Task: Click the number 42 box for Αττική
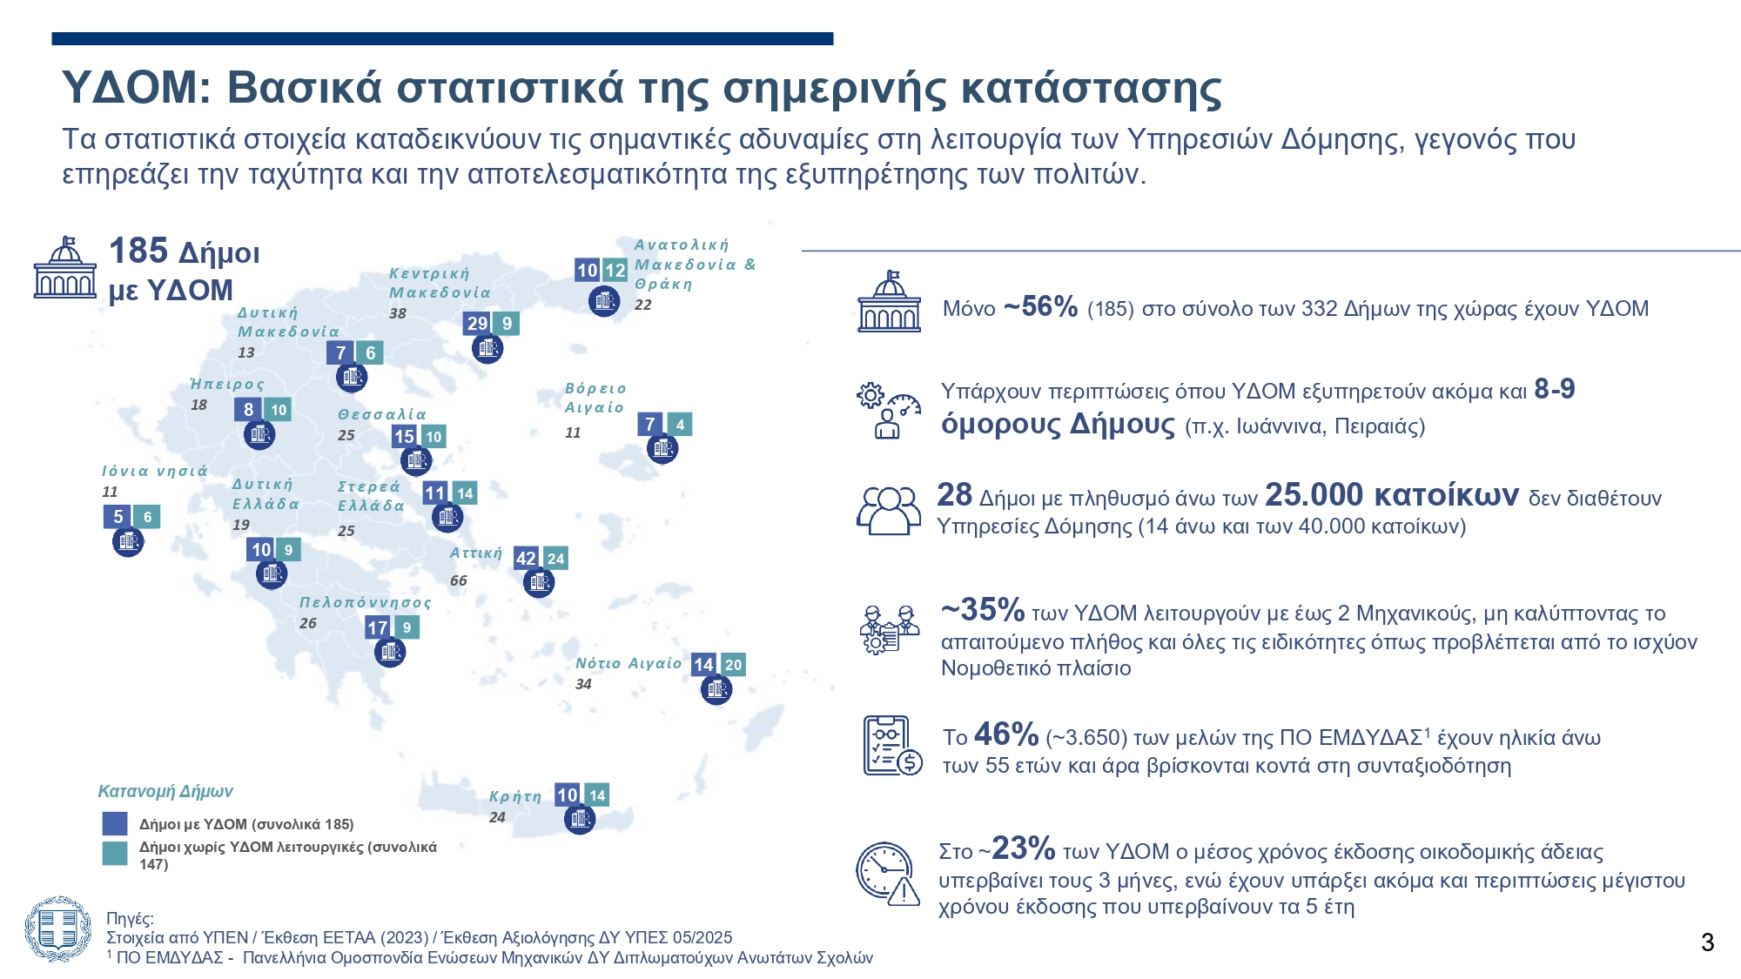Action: [526, 559]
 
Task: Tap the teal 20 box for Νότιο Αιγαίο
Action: [733, 665]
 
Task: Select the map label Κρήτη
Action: [515, 796]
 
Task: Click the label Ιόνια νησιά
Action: [155, 471]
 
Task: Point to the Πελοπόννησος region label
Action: [366, 602]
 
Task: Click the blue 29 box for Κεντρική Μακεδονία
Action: [477, 324]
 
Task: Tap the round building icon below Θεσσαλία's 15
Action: [415, 459]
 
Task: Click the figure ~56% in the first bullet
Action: [1040, 307]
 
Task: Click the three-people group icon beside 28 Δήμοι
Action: [888, 510]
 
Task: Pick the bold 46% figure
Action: [1006, 734]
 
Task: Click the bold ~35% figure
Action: [983, 610]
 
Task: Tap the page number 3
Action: [1707, 942]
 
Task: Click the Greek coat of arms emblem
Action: [57, 929]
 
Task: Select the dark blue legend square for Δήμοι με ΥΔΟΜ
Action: [115, 823]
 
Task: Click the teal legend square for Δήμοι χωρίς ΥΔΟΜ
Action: [115, 853]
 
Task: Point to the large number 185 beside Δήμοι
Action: [138, 251]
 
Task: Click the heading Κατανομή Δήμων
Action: [165, 791]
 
